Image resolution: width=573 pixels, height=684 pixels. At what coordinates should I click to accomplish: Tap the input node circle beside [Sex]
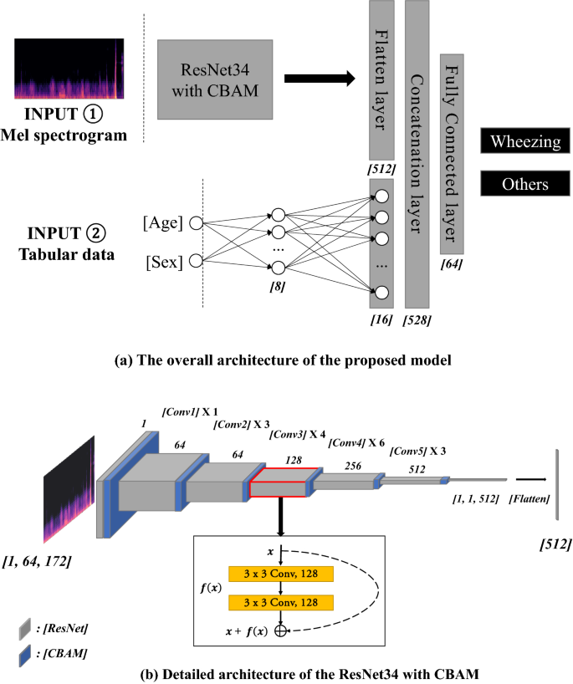[196, 261]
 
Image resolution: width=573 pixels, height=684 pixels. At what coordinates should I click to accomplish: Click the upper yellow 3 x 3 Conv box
[281, 574]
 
